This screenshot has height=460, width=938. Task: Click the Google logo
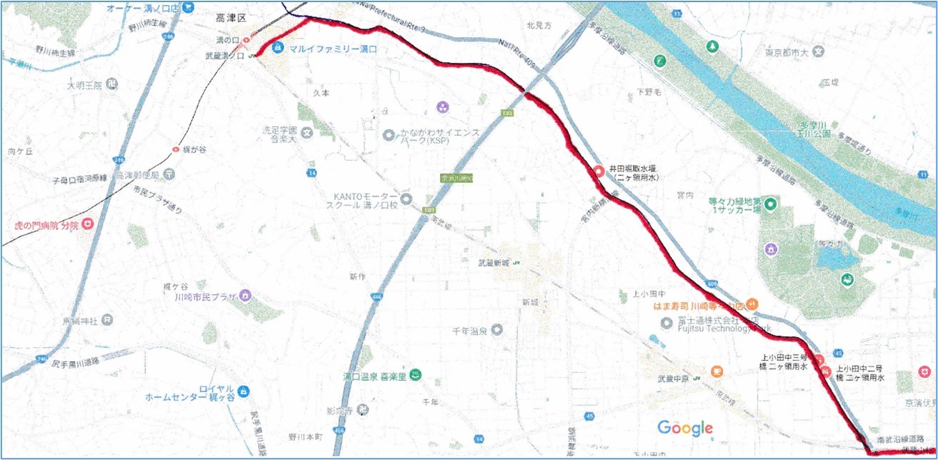click(x=685, y=428)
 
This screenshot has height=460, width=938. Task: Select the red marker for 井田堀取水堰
click(x=599, y=171)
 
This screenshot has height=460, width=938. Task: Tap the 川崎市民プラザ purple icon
click(x=245, y=295)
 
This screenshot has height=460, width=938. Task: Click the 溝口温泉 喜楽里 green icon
click(x=416, y=375)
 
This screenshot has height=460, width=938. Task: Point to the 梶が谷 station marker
click(x=176, y=149)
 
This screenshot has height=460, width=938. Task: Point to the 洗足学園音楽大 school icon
click(x=306, y=133)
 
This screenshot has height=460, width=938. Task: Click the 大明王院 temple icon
click(x=111, y=85)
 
